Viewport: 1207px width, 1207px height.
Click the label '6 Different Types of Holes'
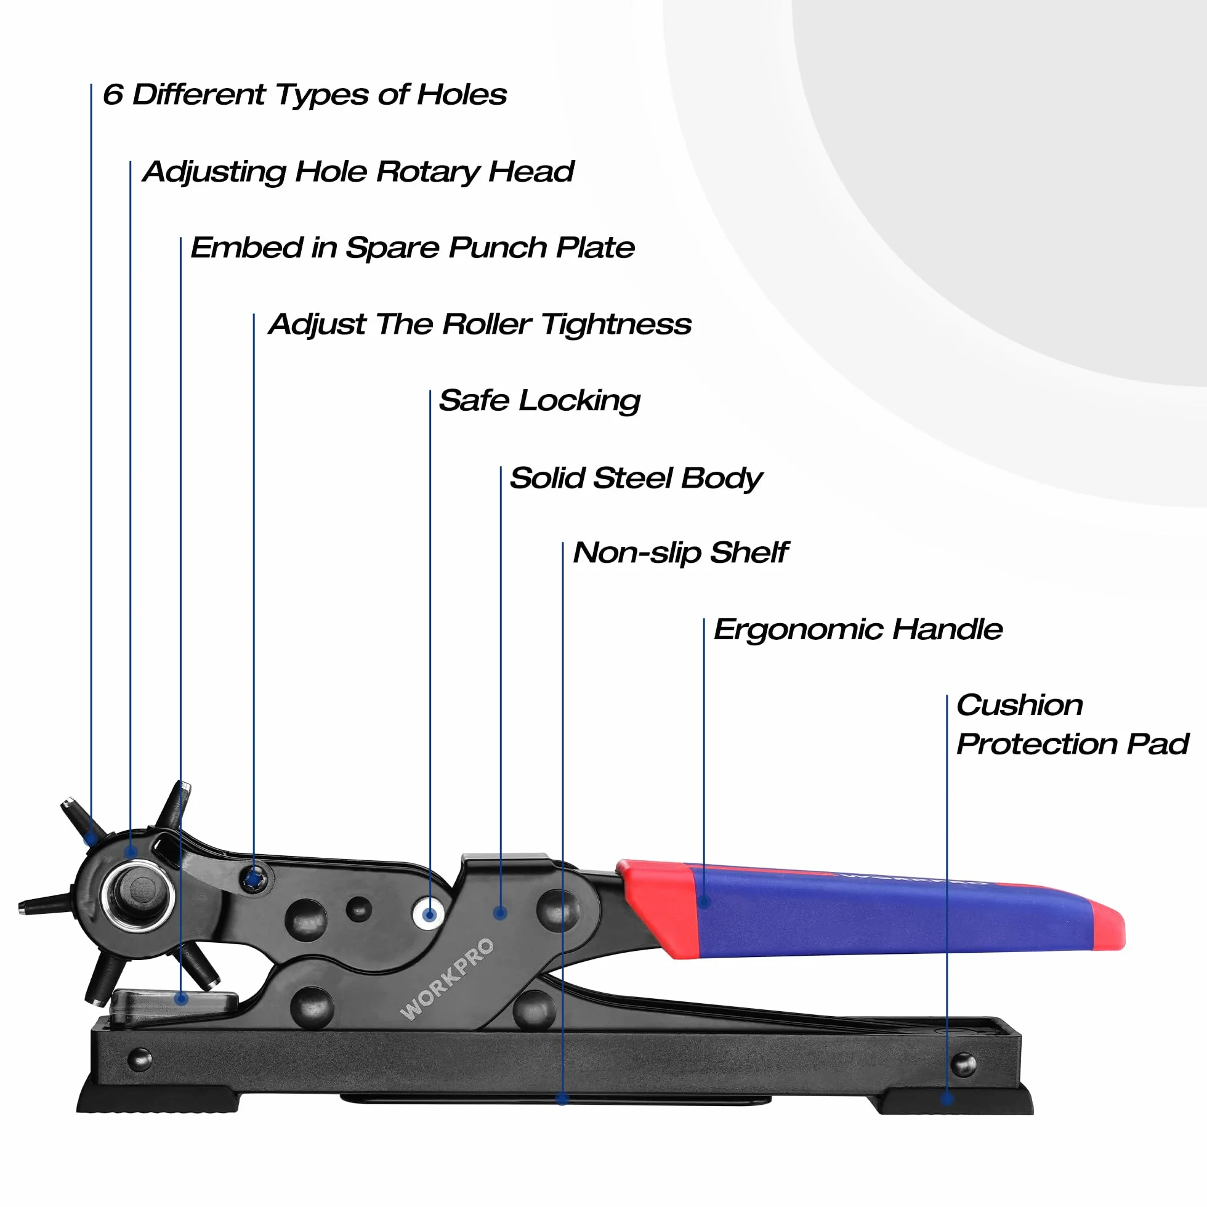tap(305, 95)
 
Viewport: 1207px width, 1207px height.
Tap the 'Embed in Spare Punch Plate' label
tap(413, 248)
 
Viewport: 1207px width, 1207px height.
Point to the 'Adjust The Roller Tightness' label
tap(480, 325)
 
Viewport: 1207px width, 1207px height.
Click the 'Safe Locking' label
tap(540, 401)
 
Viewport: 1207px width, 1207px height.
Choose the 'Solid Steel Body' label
tap(636, 478)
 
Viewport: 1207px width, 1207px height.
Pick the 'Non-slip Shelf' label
tap(681, 554)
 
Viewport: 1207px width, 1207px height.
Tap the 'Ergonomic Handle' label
tap(858, 630)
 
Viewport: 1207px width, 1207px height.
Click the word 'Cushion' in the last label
tap(1020, 705)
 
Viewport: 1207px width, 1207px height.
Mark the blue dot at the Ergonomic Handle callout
tap(704, 902)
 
